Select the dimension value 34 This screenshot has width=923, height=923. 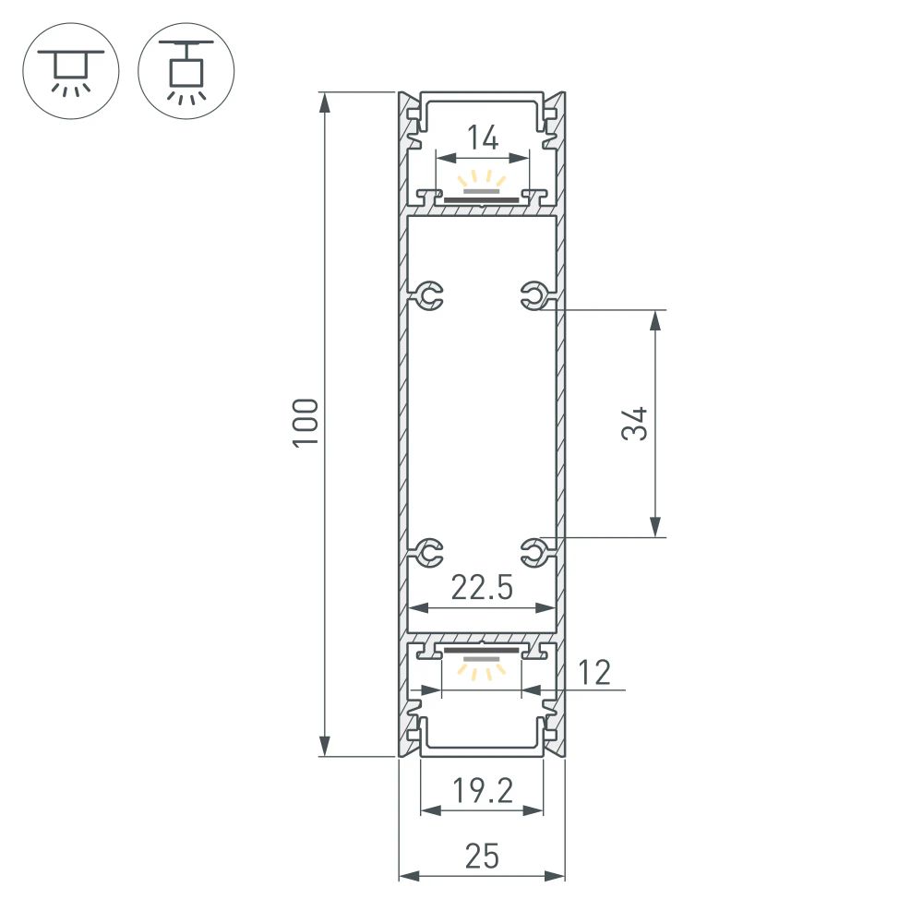coord(634,424)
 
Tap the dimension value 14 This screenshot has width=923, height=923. coord(482,138)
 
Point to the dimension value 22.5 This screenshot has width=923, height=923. coord(481,588)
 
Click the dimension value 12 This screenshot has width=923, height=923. coord(596,673)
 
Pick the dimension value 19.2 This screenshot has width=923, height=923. coord(481,791)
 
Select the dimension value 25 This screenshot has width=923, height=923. coord(481,857)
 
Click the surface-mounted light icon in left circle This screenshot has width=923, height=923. coord(69,69)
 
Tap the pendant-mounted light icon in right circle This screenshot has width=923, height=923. coord(186,69)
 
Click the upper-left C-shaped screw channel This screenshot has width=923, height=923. coord(429,296)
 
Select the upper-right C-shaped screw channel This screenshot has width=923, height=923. coord(533,296)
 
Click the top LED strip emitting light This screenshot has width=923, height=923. coord(481,195)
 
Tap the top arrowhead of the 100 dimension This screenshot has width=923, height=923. coord(324,102)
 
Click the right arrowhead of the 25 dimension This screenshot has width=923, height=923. coord(557,875)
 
